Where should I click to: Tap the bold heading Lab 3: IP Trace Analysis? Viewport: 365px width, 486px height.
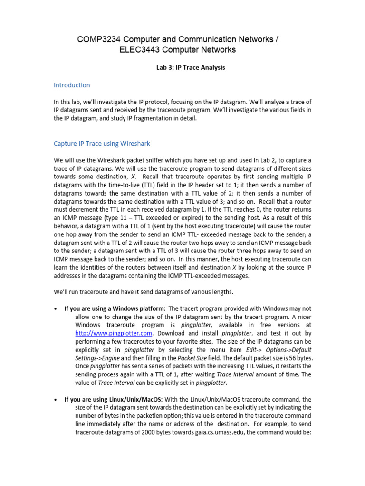click(191, 67)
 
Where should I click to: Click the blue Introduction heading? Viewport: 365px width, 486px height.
click(72, 85)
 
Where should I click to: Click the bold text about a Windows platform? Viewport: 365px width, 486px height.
click(115, 308)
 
